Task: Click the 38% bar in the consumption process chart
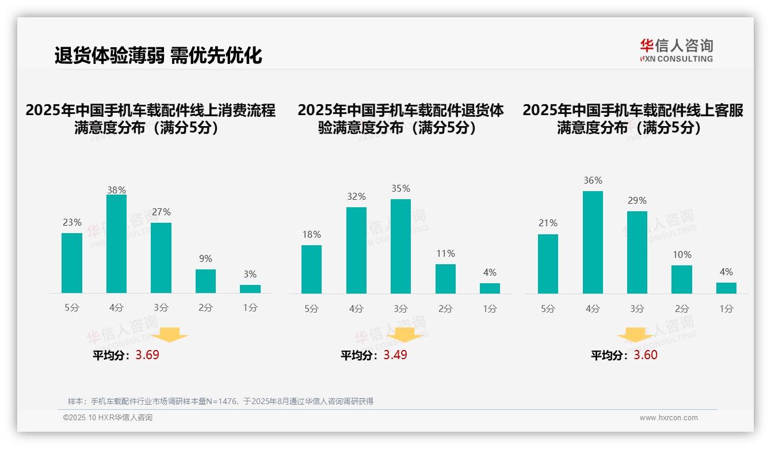tap(116, 243)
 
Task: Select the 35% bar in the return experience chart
tap(400, 246)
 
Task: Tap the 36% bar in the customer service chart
tap(593, 242)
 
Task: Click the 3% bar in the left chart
tap(250, 289)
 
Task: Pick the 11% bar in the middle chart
tap(445, 279)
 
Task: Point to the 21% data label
tap(548, 223)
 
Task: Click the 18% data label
tap(311, 234)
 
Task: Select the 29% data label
tap(637, 200)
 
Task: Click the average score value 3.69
tap(147, 355)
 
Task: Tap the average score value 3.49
tap(395, 355)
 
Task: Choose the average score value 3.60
tap(646, 355)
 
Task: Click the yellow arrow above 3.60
tap(635, 336)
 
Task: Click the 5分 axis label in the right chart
tap(548, 309)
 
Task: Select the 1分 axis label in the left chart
tap(250, 308)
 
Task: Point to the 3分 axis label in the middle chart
tap(400, 309)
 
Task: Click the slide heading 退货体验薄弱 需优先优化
tap(158, 55)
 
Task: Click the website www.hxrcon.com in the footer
tap(669, 418)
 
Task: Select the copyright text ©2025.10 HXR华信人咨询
tap(108, 418)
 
